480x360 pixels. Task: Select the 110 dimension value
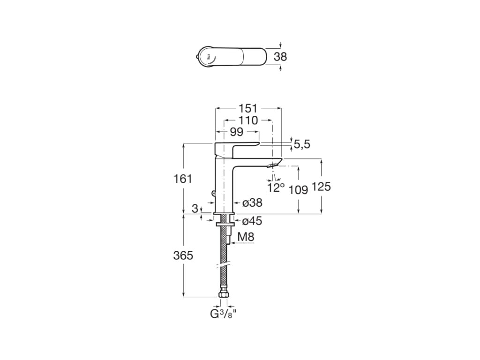tap(248, 120)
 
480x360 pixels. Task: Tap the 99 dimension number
tap(236, 132)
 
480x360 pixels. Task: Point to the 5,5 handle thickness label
tap(302, 144)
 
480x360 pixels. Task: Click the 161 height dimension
tap(183, 179)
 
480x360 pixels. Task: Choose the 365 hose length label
tap(183, 255)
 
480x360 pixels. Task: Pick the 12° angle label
tap(276, 188)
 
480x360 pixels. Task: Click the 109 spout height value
tap(298, 189)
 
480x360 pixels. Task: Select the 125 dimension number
tap(321, 187)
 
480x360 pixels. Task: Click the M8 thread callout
tap(246, 238)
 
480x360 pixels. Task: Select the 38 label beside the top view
tap(280, 57)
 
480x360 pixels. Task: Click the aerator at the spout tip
tap(272, 165)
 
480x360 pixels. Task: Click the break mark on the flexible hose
tap(224, 266)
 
